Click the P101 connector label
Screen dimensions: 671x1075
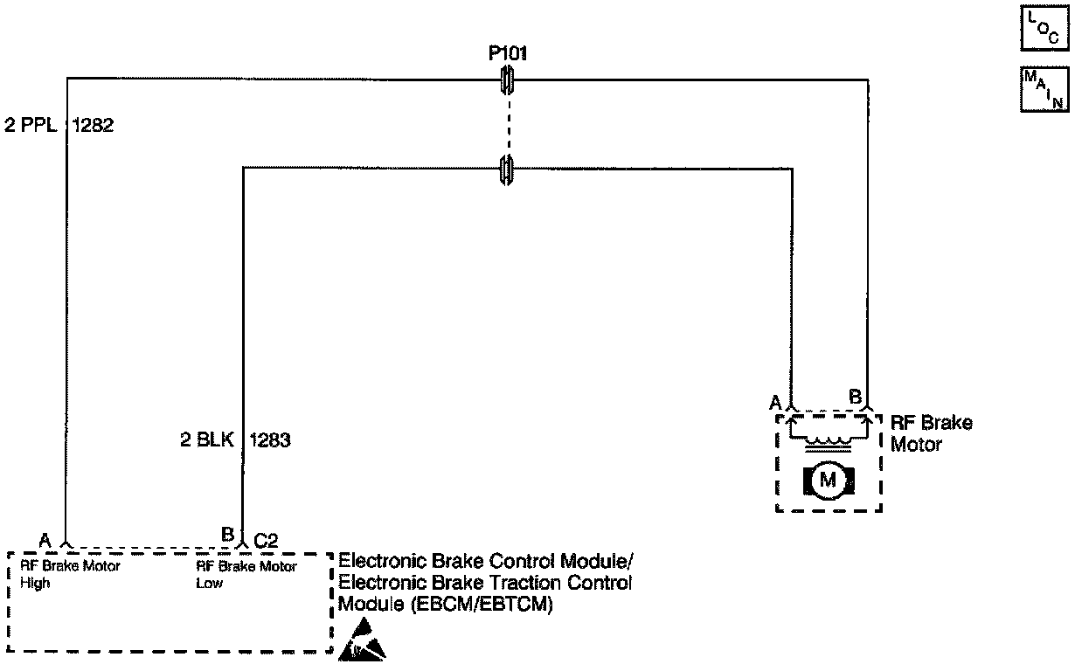pos(507,54)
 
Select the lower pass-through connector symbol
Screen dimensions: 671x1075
pos(506,169)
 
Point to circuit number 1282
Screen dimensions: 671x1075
pos(92,125)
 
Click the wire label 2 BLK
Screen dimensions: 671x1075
pos(205,440)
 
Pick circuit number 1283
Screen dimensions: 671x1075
pos(270,440)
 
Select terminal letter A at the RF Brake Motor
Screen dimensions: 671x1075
pos(774,402)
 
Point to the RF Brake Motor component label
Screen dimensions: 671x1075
pos(930,433)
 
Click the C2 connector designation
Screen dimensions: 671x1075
pos(266,540)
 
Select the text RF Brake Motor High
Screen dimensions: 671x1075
pos(69,574)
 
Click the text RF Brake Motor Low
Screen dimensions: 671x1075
pos(246,574)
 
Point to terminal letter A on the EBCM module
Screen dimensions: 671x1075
pos(45,540)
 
